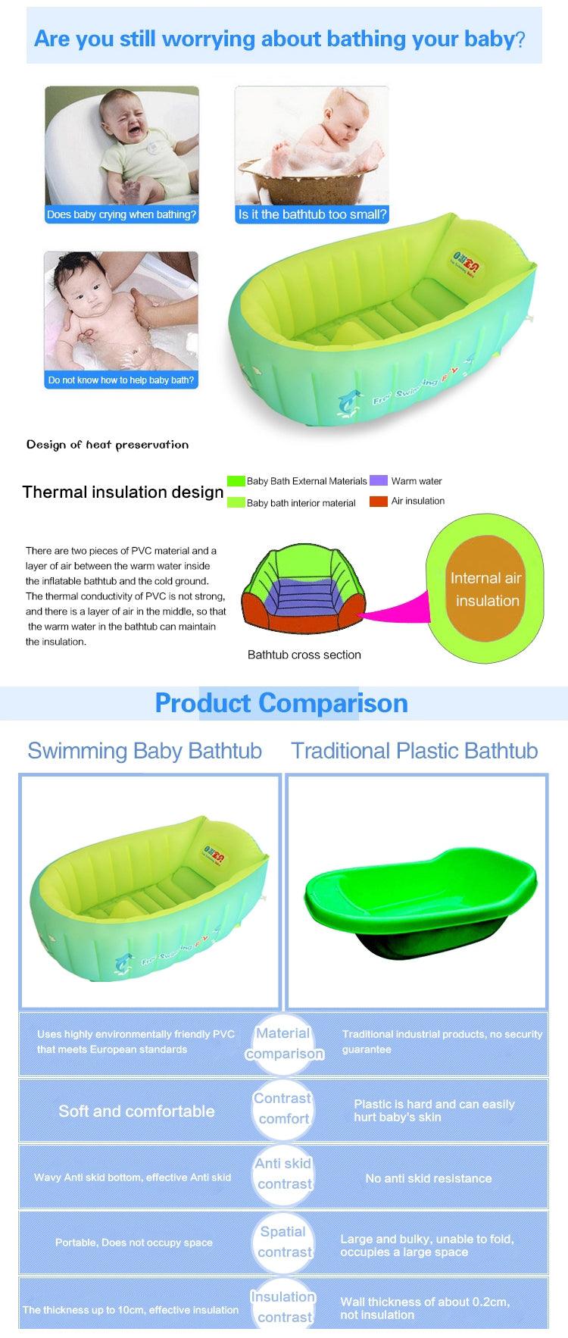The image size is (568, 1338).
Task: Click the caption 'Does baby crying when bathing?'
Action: [121, 214]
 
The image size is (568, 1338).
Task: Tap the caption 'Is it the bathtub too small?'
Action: [312, 214]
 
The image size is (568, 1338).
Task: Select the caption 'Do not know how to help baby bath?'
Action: [121, 380]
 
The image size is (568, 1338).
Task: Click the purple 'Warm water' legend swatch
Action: [379, 480]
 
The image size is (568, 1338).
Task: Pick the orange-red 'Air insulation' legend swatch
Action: [379, 501]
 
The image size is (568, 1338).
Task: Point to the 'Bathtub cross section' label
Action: [304, 655]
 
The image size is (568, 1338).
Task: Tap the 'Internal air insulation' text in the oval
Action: [486, 589]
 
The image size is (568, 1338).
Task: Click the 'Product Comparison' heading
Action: [281, 703]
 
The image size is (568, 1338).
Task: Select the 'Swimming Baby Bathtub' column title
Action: [145, 751]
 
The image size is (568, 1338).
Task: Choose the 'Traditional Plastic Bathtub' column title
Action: [414, 751]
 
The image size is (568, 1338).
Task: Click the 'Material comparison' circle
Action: [284, 1043]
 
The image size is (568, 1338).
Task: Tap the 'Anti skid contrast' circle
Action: [284, 1174]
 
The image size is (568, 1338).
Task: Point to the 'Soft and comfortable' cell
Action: [136, 1111]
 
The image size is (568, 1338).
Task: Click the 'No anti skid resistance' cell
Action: [428, 1178]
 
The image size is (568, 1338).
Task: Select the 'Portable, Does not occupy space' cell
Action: [133, 1243]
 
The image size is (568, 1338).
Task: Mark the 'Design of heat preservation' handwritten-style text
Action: [108, 445]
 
